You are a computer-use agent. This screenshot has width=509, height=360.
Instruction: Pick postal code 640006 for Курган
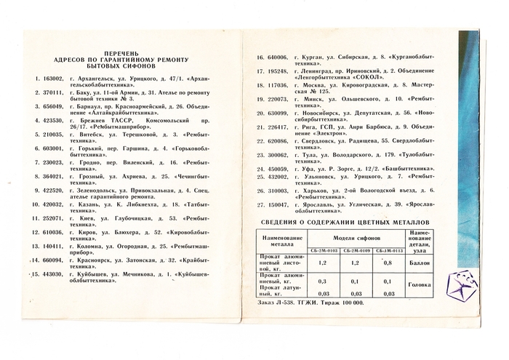(278, 57)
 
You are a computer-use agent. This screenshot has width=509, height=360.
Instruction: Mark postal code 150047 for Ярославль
(278, 206)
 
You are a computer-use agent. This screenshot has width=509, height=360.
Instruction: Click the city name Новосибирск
(327, 113)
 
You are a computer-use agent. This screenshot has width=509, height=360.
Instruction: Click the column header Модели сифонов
(353, 237)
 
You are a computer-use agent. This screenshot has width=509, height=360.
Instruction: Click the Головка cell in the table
(420, 285)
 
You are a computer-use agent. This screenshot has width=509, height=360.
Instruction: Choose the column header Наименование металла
(281, 241)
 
